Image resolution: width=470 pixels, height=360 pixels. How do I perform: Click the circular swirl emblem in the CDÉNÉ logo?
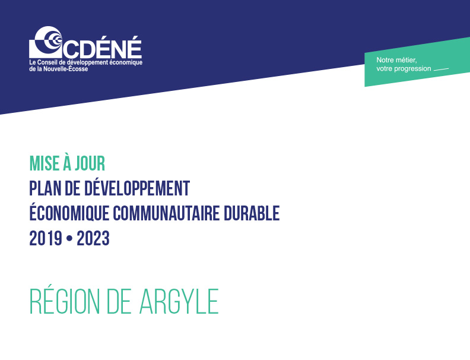pos(46,42)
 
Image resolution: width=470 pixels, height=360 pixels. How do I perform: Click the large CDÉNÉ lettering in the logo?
pos(102,47)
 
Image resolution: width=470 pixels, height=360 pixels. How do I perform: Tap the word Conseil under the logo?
pos(47,62)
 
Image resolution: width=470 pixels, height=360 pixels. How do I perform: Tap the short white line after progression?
pos(442,70)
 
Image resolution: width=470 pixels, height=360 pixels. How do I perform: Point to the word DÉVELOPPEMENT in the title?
pos(136,188)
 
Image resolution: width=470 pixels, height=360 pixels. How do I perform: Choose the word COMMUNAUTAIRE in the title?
pos(166,213)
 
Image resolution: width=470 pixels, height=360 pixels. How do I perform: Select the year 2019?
pos(46,238)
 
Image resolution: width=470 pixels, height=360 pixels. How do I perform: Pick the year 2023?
pos(93,238)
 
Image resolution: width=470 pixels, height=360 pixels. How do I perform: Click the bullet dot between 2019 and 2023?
pos(69,239)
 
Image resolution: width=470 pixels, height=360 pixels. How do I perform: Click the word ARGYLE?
pos(179,301)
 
